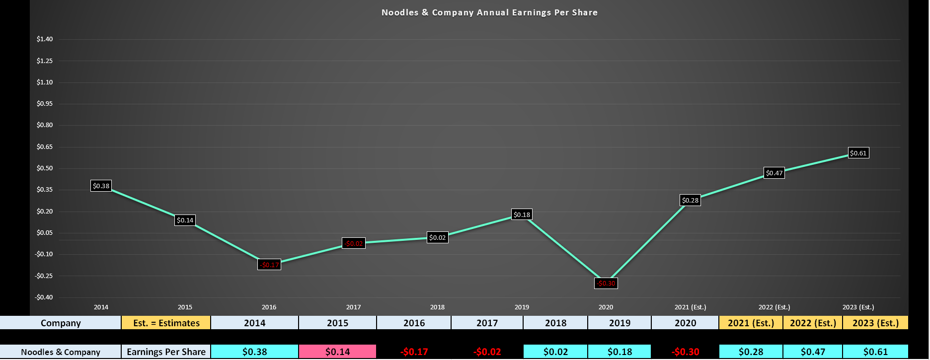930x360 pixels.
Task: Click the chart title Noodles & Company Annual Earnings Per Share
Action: pos(489,12)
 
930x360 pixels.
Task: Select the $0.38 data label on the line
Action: pos(101,186)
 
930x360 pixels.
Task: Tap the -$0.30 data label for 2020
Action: pos(606,284)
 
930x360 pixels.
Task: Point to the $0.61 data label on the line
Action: pos(858,153)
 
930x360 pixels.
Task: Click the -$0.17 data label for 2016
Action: pos(269,265)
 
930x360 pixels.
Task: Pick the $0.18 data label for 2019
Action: pos(522,215)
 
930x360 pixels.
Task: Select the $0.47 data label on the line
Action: pos(774,173)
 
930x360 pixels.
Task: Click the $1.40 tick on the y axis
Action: pos(45,39)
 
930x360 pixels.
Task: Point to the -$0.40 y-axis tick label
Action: pos(44,297)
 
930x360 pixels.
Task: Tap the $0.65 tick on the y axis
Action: pos(45,147)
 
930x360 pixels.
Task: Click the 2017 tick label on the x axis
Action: pos(353,307)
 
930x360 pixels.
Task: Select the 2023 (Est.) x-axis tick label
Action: pos(858,307)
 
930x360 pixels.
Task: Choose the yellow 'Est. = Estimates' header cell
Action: pos(166,323)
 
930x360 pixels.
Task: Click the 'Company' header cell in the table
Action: pos(61,323)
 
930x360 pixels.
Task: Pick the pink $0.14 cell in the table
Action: pos(337,352)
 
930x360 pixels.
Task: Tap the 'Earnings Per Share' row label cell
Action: pos(166,352)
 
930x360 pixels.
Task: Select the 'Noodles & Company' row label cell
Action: pos(61,352)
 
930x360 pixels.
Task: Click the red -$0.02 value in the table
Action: pos(487,352)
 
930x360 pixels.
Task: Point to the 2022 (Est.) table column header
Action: pos(813,323)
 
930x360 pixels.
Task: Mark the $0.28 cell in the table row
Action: pos(751,352)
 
